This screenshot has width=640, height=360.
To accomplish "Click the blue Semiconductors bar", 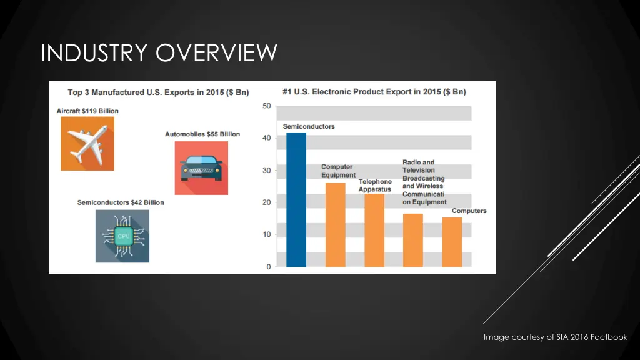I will coord(296,200).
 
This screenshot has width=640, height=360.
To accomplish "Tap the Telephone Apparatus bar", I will coord(374,231).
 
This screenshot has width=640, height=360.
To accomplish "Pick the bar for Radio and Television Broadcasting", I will coord(413,241).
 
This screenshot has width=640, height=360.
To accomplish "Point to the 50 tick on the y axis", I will coord(266,106).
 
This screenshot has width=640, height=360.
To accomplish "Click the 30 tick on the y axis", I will coord(266,170).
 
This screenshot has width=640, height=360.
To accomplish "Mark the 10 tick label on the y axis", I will coord(266,235).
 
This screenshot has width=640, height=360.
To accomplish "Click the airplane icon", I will coord(87,143).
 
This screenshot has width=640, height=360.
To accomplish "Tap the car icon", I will coord(201,167).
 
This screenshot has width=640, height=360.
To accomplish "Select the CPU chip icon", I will coord(122,236).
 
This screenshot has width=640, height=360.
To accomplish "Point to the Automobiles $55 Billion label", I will coord(202,134).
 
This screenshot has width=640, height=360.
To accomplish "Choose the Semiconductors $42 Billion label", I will coord(121,202).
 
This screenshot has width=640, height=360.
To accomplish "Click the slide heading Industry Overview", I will coord(159,53).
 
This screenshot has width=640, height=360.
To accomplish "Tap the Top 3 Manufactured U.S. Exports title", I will coord(158,92).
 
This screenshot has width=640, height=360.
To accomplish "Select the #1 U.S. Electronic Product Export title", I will coord(374,92).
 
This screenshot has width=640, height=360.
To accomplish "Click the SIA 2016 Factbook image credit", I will coord(555,337).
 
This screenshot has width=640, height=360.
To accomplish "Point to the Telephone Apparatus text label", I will coord(375,186).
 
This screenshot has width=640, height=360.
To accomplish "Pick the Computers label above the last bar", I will coord(469,211).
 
